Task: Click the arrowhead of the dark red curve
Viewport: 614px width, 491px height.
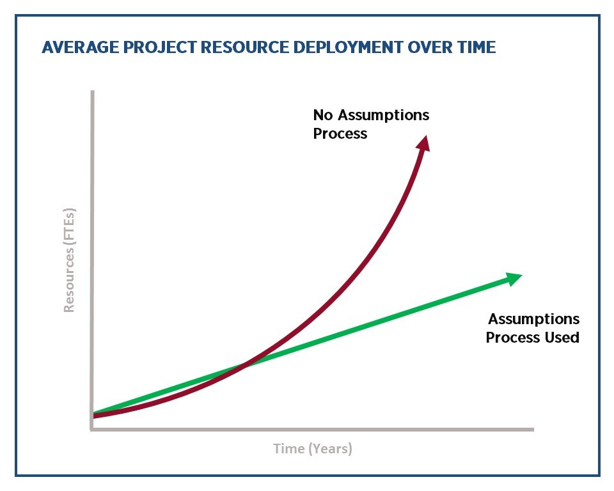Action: coord(423,143)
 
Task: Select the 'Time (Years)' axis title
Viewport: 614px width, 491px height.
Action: coord(313,449)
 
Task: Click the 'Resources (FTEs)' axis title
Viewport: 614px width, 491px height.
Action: coord(69,260)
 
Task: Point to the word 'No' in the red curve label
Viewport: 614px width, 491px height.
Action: coord(323,115)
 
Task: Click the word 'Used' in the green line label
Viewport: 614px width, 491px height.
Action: coord(562,338)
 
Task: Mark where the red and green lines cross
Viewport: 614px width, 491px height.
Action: coord(244,366)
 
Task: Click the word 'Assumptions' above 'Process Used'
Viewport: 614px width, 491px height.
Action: coord(533,319)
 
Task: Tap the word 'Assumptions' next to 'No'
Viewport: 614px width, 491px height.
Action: coord(383,115)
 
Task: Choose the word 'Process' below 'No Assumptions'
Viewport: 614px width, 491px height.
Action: coord(340,134)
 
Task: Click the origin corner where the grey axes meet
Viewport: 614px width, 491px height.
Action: coord(92,429)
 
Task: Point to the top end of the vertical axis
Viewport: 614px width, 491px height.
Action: coord(92,91)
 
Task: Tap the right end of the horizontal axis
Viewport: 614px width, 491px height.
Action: coord(533,430)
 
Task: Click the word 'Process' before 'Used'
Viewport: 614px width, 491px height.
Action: coord(513,338)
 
